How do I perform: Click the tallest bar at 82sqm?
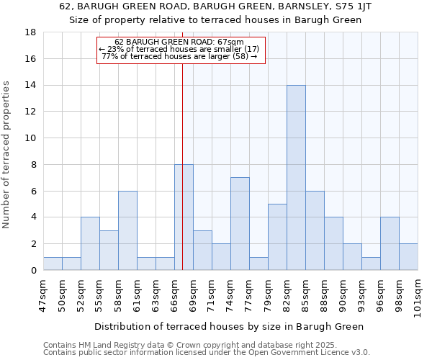(x=296, y=178)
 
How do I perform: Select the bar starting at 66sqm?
(x=184, y=217)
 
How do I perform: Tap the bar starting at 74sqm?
(x=240, y=224)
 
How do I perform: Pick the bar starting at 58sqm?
(x=127, y=230)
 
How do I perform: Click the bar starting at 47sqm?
(x=53, y=264)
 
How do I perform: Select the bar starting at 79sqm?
(x=277, y=237)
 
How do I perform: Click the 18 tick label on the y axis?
(x=32, y=32)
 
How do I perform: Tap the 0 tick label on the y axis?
(x=34, y=271)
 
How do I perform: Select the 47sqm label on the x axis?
(x=43, y=294)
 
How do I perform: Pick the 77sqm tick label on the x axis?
(x=249, y=294)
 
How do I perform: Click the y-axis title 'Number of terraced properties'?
(x=7, y=155)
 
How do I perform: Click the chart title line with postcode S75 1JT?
(x=215, y=6)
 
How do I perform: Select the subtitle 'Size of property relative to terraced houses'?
(x=215, y=20)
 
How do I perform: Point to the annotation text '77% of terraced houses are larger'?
(x=179, y=56)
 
